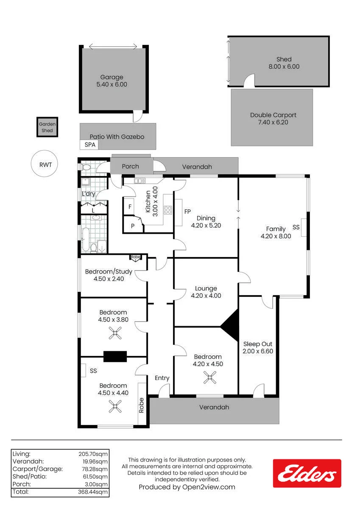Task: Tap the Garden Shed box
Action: click(x=47, y=127)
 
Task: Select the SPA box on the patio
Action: click(x=89, y=145)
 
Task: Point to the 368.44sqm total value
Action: click(x=93, y=492)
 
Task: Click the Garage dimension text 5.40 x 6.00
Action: click(x=112, y=84)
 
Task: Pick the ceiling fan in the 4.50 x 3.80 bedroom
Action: click(x=115, y=333)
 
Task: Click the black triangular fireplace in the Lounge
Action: click(x=229, y=325)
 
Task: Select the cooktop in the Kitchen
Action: click(x=168, y=210)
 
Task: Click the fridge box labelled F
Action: click(x=129, y=206)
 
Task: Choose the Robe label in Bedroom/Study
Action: click(x=135, y=257)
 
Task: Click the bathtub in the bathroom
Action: click(x=86, y=239)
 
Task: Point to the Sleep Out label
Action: click(x=257, y=344)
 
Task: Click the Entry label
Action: click(x=162, y=378)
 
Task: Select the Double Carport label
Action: click(x=273, y=115)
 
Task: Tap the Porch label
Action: click(x=130, y=166)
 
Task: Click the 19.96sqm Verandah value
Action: click(x=95, y=461)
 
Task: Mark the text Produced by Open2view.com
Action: click(x=187, y=487)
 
